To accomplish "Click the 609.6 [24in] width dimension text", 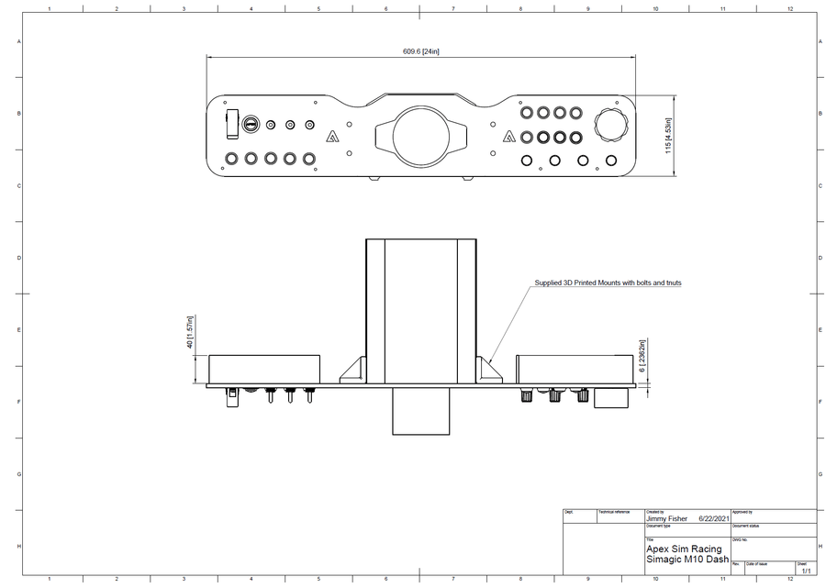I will (421, 51).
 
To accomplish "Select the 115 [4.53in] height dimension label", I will (669, 136).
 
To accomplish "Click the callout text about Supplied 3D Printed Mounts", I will (608, 283).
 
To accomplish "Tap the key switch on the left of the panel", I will (251, 124).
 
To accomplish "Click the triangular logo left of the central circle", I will (332, 139).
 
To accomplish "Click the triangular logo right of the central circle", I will (508, 139).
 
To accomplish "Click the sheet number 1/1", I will (805, 571).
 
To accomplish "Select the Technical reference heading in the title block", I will (614, 511).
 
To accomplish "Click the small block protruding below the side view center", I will (420, 410).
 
